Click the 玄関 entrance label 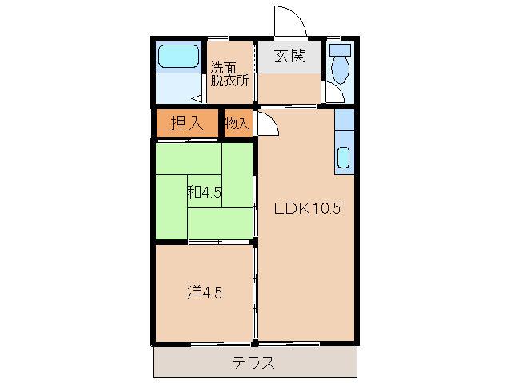[x=289, y=56]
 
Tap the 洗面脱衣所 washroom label [x=229, y=73]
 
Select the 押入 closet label [x=186, y=123]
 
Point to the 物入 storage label [x=237, y=123]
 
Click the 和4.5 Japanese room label [x=205, y=192]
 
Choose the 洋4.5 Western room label [x=205, y=292]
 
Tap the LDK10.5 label [x=308, y=209]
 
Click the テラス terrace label [x=254, y=364]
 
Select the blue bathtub [x=177, y=57]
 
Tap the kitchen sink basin [x=344, y=157]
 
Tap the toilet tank [x=340, y=49]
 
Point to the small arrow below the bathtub [x=196, y=100]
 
